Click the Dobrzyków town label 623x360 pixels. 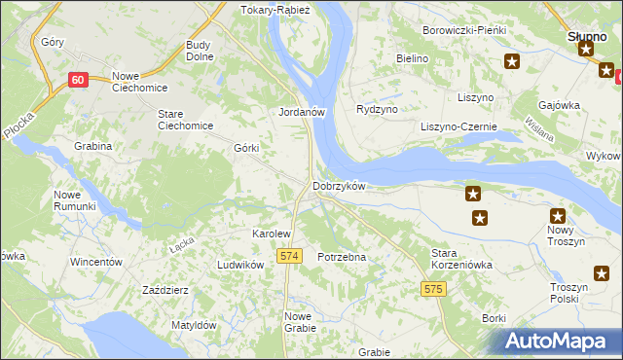(338, 186)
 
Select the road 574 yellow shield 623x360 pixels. (287, 255)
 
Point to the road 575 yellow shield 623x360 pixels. (434, 289)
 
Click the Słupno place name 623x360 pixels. (587, 37)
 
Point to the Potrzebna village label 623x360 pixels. (342, 257)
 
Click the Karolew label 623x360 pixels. (272, 234)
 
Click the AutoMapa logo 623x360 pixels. (558, 341)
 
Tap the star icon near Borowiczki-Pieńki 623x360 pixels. (512, 62)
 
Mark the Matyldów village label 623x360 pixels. (193, 325)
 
